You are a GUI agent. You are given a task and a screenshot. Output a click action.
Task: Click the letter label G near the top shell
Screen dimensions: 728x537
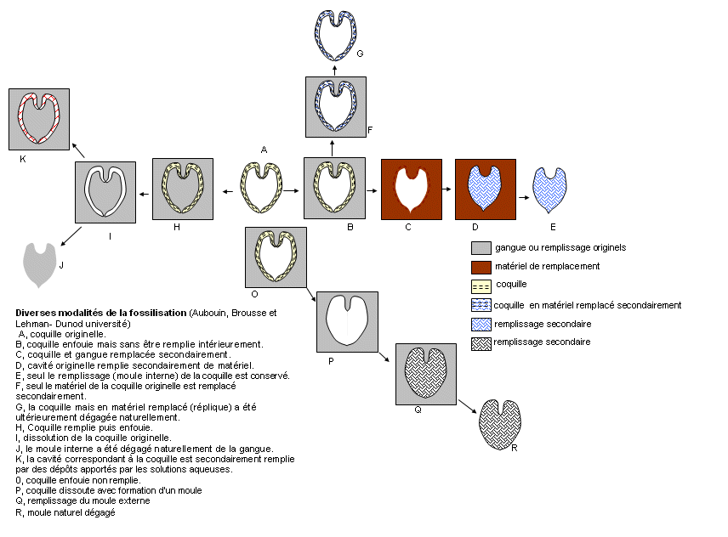[x=360, y=54]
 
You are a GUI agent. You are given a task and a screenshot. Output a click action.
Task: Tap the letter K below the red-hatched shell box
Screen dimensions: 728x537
[x=23, y=159]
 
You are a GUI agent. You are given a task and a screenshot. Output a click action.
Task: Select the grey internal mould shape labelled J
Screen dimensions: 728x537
[x=39, y=265]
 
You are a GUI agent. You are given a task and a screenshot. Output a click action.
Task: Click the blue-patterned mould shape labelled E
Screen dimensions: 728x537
[x=549, y=190]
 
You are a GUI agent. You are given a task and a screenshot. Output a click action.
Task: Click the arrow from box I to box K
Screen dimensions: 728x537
[x=78, y=150]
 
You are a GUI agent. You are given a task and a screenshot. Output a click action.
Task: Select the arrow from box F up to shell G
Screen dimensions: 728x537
[x=335, y=71]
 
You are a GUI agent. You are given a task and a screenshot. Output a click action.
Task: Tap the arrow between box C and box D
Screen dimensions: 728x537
[x=446, y=189]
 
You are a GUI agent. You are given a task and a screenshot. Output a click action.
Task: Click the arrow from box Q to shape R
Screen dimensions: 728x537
[x=468, y=406]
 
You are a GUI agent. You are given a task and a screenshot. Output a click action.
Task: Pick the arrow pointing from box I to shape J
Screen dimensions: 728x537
[x=71, y=236]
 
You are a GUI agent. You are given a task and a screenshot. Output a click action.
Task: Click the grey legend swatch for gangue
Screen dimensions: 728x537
[x=481, y=248]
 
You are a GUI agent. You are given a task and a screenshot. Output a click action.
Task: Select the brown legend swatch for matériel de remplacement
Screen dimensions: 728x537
[x=481, y=268]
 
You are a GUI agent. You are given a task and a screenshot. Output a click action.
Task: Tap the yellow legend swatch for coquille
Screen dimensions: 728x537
[x=481, y=286]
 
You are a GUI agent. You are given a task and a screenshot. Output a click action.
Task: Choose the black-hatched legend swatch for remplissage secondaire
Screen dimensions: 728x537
[x=481, y=343]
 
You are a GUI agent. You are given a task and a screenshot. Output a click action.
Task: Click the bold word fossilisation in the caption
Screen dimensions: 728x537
[x=158, y=313]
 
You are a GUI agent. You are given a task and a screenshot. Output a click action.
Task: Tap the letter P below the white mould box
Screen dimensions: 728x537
[x=331, y=361]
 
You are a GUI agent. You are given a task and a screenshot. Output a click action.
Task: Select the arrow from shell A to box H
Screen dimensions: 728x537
[x=228, y=191]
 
